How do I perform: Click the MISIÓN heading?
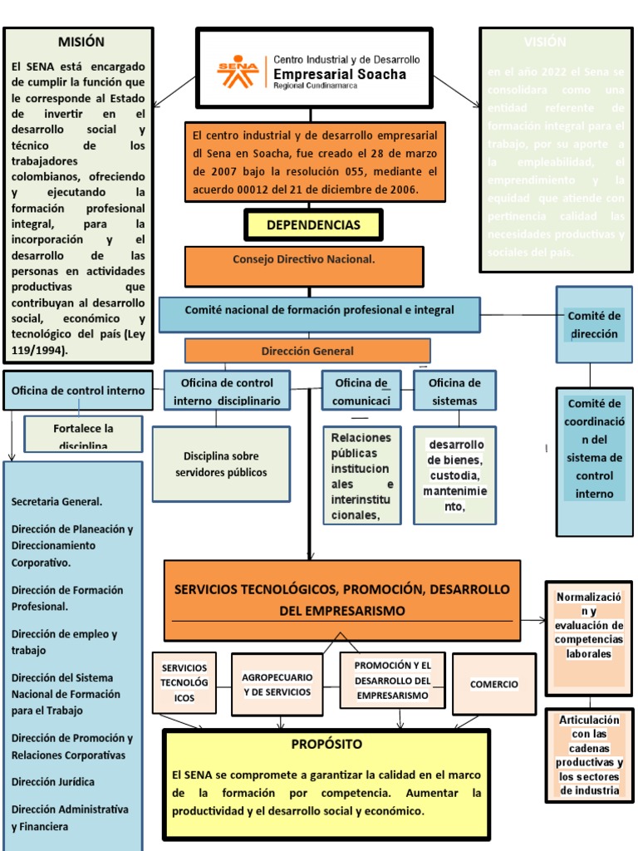[x=81, y=42]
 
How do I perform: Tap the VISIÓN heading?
[x=545, y=42]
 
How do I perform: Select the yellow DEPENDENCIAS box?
[x=313, y=225]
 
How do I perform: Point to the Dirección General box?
[x=307, y=351]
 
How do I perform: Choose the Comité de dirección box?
[x=593, y=325]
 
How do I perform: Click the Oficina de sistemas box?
[x=454, y=391]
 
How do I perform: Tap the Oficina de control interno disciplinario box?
[x=227, y=391]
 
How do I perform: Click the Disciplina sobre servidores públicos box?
[x=221, y=465]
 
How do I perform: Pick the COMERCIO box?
[x=493, y=684]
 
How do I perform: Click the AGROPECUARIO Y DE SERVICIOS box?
[x=277, y=685]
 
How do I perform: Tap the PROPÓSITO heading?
[x=326, y=744]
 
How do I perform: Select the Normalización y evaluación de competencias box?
[x=589, y=625]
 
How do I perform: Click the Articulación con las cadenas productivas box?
[x=589, y=755]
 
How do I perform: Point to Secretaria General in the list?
[x=57, y=502]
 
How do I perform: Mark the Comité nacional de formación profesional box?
[x=319, y=311]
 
